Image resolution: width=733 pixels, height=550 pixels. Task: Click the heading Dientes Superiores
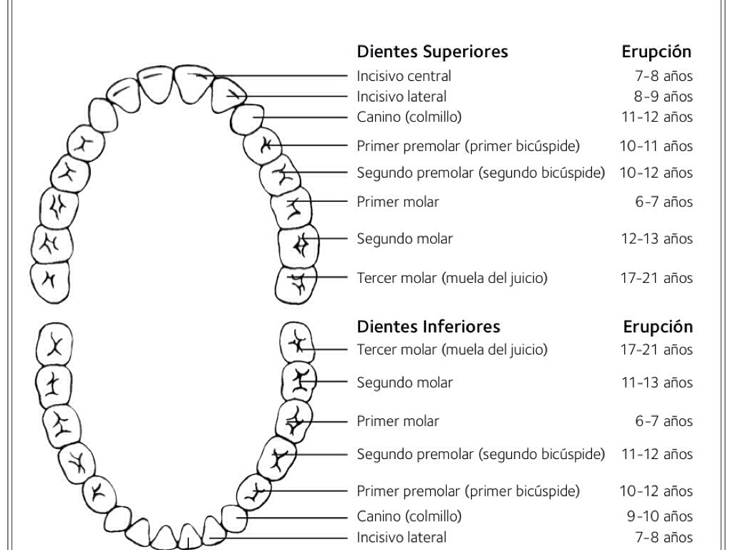(x=432, y=52)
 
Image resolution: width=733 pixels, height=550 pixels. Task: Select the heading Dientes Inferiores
(x=428, y=327)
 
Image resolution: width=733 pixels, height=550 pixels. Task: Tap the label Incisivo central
(x=404, y=76)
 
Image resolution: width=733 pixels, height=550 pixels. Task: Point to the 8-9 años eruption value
(x=663, y=96)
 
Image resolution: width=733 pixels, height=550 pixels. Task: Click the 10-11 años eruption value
(x=656, y=146)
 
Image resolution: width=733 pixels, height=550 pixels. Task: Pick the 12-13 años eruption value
(x=656, y=238)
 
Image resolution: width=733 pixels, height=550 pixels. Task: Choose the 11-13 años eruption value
(x=656, y=382)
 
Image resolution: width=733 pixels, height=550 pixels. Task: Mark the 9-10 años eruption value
(x=659, y=516)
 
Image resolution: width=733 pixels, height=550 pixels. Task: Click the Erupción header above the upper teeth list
(x=656, y=52)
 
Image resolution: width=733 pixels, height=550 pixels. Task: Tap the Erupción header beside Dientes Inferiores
(x=658, y=327)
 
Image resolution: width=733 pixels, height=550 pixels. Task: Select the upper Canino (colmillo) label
(x=409, y=117)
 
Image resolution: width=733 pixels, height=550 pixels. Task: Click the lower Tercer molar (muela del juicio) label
(x=452, y=349)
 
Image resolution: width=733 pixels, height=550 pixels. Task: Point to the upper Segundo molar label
(x=404, y=238)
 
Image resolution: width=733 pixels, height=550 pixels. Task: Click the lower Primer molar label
(x=398, y=421)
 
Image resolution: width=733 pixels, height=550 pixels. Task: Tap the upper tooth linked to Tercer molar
(x=296, y=284)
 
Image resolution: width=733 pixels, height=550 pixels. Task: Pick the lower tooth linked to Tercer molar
(x=296, y=342)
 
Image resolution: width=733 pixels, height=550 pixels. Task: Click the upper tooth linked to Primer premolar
(x=262, y=146)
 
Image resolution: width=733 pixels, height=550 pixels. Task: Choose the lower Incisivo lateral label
(x=401, y=537)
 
